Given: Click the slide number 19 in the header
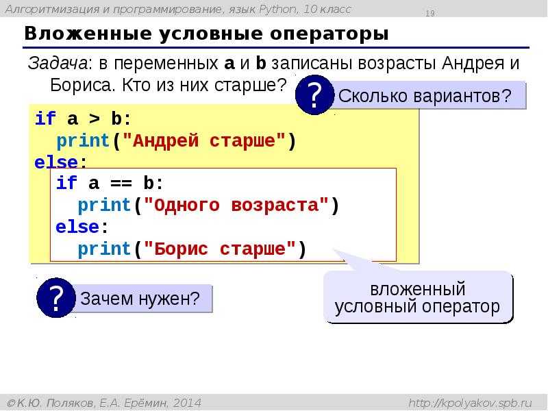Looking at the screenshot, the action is (x=429, y=13).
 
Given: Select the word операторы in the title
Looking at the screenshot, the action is (x=329, y=34).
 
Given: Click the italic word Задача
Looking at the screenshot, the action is (x=58, y=63).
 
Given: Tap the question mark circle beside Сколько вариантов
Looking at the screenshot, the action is (x=314, y=95).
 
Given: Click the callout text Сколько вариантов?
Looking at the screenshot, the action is (x=425, y=96).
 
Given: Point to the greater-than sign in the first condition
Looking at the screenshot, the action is (x=94, y=119).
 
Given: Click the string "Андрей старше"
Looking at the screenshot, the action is (x=203, y=140).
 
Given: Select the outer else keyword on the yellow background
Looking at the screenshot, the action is (x=56, y=162).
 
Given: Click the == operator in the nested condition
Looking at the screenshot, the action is (x=121, y=183).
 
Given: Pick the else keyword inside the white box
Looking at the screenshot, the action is (x=77, y=227).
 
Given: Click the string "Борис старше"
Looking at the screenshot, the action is (x=219, y=249).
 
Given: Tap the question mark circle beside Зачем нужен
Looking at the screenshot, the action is (x=56, y=298).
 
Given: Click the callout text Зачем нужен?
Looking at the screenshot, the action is (x=140, y=299).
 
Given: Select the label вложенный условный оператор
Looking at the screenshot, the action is (x=417, y=298).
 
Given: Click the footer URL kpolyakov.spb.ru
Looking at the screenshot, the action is (x=471, y=403).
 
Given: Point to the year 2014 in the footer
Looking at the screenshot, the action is (x=187, y=403).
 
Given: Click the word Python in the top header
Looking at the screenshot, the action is (x=278, y=10).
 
